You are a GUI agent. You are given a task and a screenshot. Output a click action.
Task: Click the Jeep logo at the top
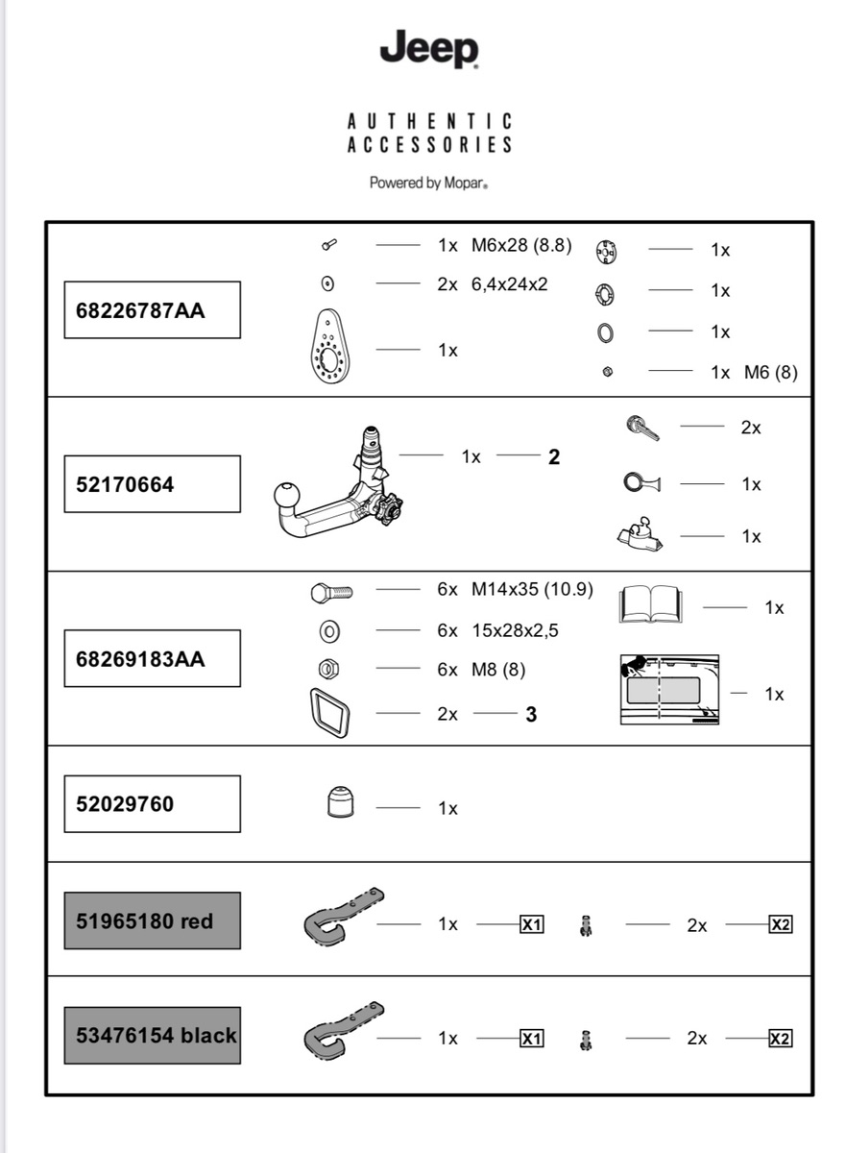428,49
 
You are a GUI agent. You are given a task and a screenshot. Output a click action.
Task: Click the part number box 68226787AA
152,310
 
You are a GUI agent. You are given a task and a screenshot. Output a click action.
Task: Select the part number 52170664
152,484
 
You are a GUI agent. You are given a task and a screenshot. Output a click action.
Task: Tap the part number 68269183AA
152,659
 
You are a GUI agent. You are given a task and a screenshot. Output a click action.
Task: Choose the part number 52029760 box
152,803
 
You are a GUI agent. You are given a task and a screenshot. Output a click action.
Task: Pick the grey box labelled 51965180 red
152,920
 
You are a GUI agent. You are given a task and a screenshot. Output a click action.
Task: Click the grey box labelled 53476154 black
152,1035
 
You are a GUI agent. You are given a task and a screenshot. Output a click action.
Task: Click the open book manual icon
650,604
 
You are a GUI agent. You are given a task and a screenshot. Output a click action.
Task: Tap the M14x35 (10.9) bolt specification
531,590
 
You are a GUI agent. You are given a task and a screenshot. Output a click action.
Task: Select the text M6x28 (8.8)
521,245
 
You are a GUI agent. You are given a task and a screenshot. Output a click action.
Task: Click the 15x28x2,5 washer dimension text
515,630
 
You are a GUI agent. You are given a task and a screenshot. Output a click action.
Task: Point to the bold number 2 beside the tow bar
554,457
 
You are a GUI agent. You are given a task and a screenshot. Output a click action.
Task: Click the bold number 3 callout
531,715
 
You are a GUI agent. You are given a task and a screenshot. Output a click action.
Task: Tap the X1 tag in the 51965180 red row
531,924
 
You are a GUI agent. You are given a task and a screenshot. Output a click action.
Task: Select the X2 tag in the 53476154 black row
781,1039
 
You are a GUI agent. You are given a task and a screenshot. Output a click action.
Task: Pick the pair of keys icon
642,429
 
